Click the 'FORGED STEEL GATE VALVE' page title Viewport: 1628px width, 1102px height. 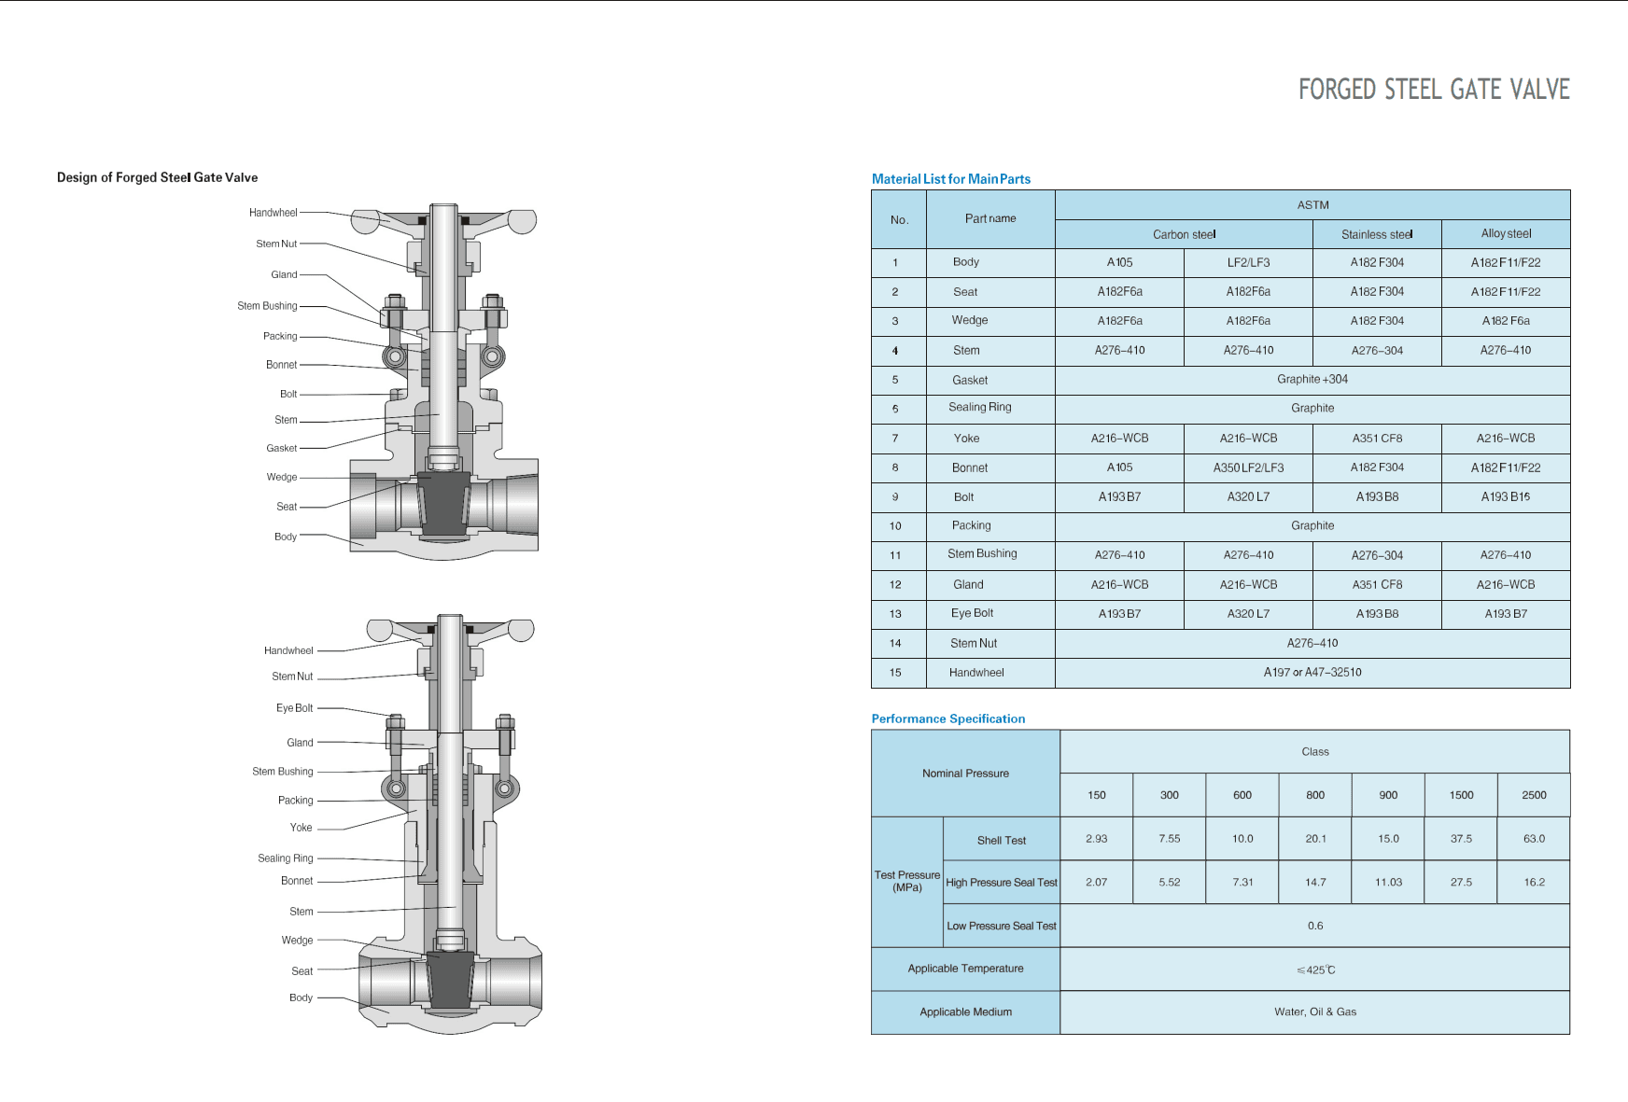[1434, 90]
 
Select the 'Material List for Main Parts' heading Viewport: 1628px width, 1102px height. [951, 179]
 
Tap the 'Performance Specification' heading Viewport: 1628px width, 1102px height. [948, 718]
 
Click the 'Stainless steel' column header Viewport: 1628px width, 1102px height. [1377, 234]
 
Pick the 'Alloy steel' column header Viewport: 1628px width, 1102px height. [1506, 233]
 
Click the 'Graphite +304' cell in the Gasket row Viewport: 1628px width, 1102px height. [1312, 379]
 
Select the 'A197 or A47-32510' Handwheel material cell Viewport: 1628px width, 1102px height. [1312, 672]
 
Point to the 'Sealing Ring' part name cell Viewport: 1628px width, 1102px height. [980, 407]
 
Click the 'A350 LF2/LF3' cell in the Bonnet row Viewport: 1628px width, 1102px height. [1248, 467]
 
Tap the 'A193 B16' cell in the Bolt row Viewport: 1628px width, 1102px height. [1506, 496]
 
